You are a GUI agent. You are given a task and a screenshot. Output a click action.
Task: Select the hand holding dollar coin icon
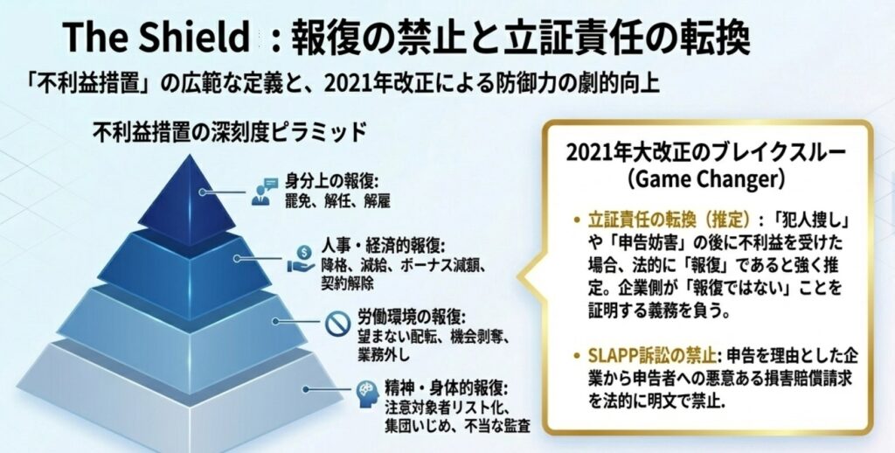pyautogui.click(x=301, y=258)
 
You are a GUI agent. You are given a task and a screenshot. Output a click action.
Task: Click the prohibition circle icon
pyautogui.click(x=338, y=324)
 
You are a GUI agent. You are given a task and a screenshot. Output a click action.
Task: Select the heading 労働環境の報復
pyautogui.click(x=412, y=317)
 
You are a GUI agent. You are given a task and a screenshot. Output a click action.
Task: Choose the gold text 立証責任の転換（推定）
pyautogui.click(x=668, y=220)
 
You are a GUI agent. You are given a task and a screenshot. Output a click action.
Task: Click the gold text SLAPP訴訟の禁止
pyautogui.click(x=652, y=357)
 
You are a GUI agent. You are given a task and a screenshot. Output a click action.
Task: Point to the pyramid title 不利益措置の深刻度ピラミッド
pyautogui.click(x=229, y=133)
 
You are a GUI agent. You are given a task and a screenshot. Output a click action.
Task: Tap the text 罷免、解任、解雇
pyautogui.click(x=337, y=201)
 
